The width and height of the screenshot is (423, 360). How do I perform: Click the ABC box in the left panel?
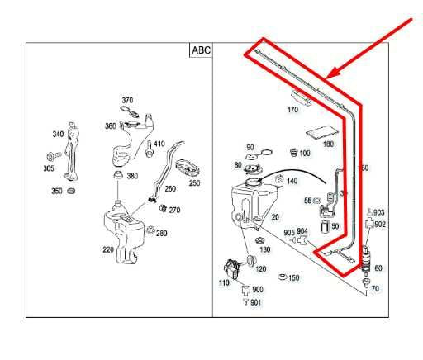(x=201, y=50)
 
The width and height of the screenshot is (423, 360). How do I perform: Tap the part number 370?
(x=126, y=98)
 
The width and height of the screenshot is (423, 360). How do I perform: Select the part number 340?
(x=58, y=134)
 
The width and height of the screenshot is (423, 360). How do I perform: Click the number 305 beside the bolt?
(x=49, y=168)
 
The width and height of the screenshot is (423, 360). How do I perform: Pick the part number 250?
(x=194, y=182)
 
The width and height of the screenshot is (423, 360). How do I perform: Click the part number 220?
(x=107, y=249)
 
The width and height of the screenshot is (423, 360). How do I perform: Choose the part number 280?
(x=161, y=234)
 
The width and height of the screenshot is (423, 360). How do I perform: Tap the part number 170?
(x=292, y=110)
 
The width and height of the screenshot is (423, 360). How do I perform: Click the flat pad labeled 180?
(x=322, y=131)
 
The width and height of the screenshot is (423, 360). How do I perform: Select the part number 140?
(x=292, y=180)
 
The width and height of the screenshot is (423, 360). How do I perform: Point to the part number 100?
(x=304, y=154)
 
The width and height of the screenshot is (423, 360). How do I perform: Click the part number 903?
(x=379, y=213)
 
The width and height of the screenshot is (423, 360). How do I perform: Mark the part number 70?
(x=375, y=289)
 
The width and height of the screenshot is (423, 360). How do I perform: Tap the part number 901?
(x=258, y=302)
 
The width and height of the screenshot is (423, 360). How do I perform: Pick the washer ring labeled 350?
(x=71, y=192)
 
